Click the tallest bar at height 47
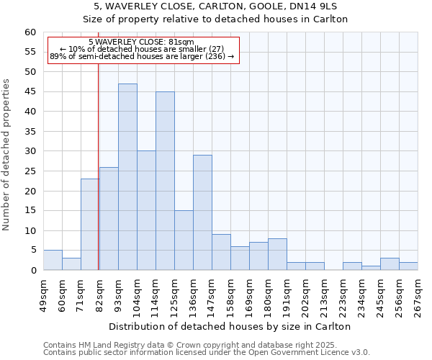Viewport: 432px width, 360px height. coord(127,177)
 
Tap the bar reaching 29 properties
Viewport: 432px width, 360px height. coord(202,212)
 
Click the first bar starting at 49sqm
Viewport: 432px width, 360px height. coord(53,260)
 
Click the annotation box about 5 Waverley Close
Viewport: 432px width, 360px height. coord(142,49)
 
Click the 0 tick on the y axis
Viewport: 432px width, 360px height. coord(33,271)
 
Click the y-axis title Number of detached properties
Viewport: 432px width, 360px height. coord(6,155)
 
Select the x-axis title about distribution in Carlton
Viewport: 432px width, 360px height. coord(230,326)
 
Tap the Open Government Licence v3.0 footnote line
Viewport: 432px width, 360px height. coord(206,353)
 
